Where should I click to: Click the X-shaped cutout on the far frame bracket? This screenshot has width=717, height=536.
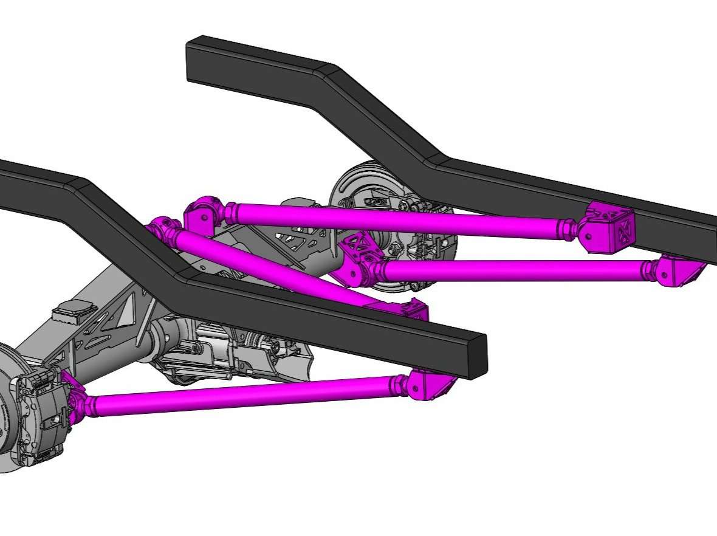(623, 232)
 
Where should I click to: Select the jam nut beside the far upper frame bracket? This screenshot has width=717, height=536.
(568, 229)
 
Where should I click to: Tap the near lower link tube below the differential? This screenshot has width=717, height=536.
(243, 395)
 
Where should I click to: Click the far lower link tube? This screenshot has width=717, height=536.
(516, 268)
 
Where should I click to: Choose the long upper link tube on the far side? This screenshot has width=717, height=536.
(395, 219)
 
